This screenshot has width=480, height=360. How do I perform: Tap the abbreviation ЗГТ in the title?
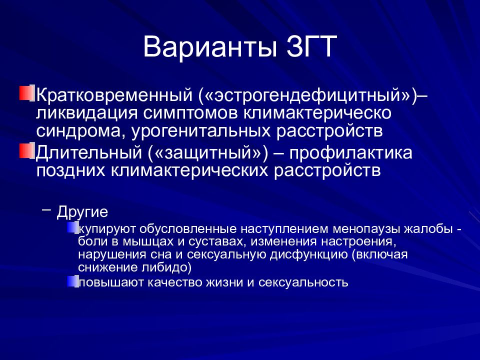click(311, 46)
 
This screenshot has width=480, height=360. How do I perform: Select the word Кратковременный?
click(114, 95)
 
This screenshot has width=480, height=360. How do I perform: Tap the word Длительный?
click(89, 153)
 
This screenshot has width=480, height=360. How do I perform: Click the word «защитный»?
click(206, 153)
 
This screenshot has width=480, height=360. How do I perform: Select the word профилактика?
click(351, 153)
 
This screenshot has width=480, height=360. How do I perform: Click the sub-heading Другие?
click(82, 212)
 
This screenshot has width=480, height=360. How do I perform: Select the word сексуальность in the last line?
click(303, 282)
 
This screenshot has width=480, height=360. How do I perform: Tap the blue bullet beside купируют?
click(73, 228)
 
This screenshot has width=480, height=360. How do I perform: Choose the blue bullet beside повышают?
click(73, 280)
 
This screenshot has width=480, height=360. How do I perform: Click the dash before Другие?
click(46, 209)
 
